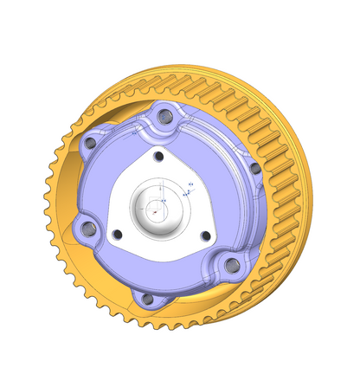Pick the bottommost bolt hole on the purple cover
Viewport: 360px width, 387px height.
[147, 299]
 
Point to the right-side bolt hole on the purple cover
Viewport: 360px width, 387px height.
[254, 169]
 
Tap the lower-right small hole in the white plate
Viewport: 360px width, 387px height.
[205, 235]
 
